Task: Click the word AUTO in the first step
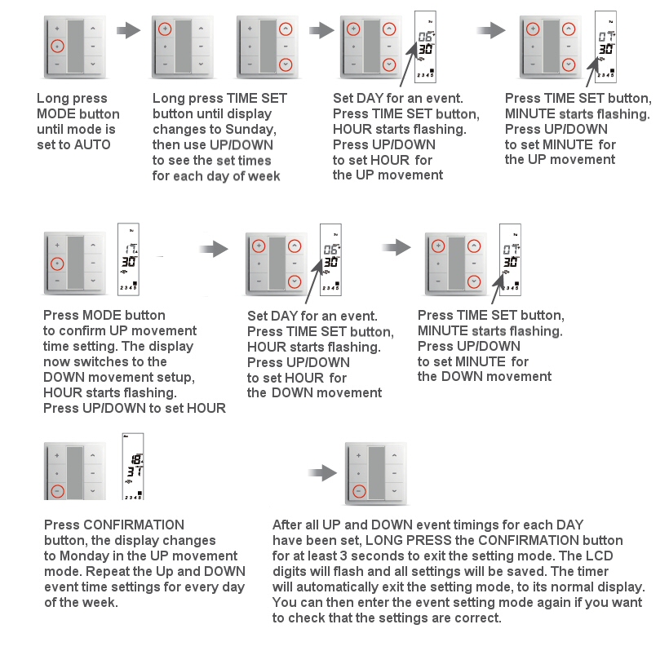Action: pos(93,144)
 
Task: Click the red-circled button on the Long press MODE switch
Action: pos(55,46)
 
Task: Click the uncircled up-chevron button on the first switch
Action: pos(93,28)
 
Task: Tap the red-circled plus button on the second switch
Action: pos(164,29)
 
